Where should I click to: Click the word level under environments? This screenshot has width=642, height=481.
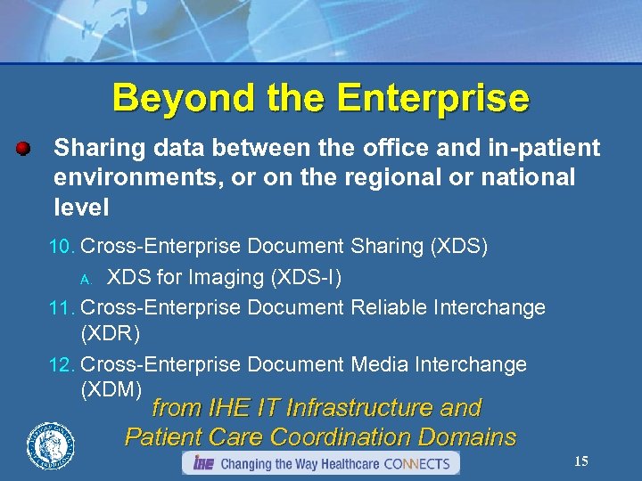point(81,208)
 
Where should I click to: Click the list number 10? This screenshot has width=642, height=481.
point(62,247)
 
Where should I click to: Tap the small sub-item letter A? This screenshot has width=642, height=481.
point(85,279)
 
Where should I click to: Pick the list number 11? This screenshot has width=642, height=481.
point(62,308)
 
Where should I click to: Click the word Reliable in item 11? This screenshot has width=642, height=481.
point(389,307)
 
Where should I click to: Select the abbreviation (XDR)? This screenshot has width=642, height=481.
point(111,332)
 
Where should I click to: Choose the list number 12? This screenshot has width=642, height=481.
point(62,365)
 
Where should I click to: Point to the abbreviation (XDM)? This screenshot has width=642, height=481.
point(111,389)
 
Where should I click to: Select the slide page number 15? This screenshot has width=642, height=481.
point(580,461)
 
